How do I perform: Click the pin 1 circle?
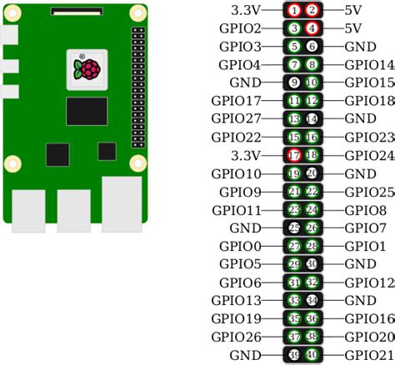click(294, 10)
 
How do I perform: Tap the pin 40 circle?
click(312, 354)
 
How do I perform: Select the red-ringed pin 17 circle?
click(294, 155)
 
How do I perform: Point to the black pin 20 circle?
click(312, 173)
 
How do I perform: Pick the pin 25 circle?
click(294, 227)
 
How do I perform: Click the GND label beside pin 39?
click(245, 354)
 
